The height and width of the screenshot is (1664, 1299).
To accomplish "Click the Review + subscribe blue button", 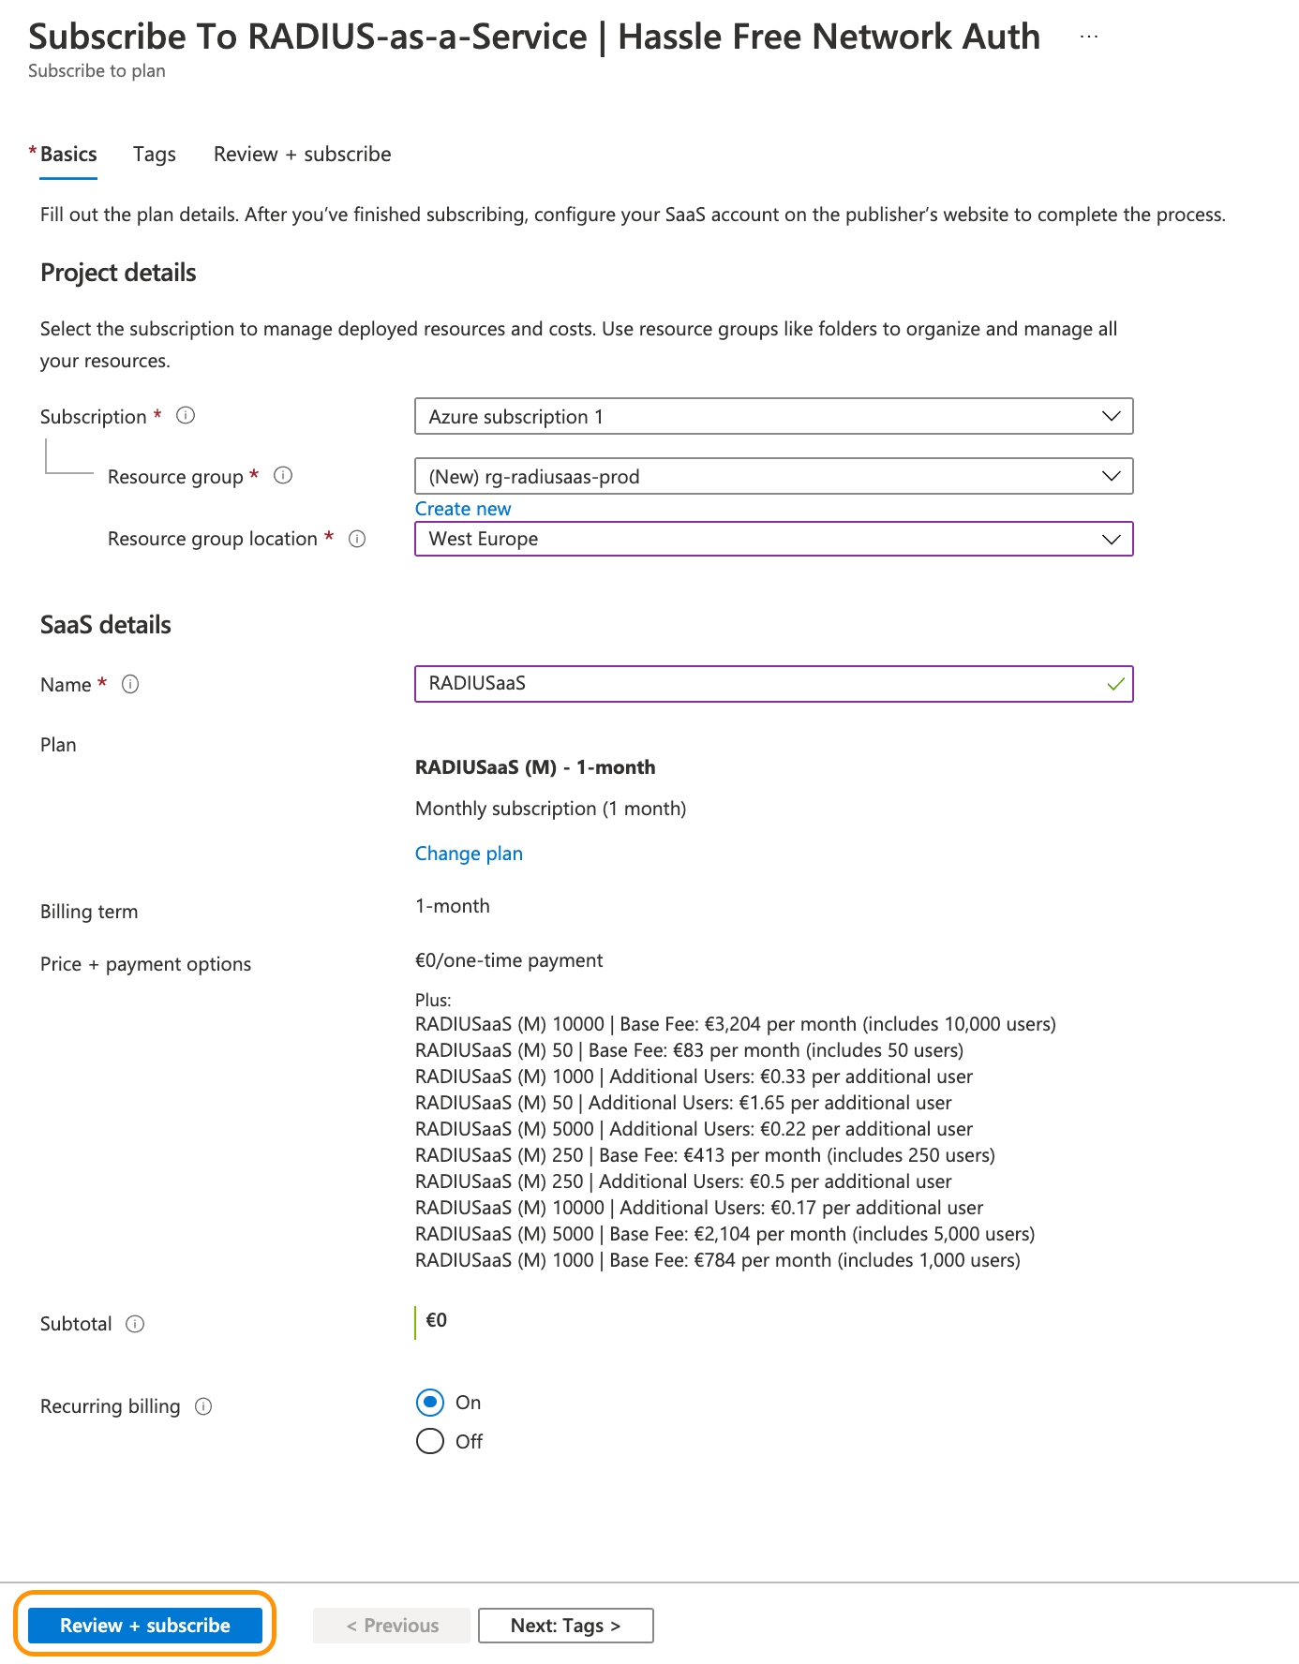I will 144,1626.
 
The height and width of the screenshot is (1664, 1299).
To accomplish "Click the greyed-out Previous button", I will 392,1626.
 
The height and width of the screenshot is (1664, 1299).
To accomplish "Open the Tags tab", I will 155,155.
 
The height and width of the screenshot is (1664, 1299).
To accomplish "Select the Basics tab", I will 68,155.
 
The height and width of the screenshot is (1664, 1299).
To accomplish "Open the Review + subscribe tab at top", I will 302,155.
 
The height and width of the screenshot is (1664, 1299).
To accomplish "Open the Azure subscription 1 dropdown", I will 773,417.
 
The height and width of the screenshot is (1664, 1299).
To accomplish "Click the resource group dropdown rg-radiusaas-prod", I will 773,477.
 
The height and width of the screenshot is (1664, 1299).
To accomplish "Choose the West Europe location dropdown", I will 773,539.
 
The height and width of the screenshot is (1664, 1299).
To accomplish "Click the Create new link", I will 463,509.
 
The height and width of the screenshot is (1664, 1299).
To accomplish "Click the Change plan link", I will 469,854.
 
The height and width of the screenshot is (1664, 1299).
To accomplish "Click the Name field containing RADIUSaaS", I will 759,684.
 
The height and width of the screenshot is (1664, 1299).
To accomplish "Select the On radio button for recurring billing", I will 430,1403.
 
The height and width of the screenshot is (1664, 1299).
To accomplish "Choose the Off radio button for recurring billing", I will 430,1441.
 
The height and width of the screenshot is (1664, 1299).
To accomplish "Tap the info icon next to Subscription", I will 186,415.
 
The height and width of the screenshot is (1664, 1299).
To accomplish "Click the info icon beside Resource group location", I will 357,539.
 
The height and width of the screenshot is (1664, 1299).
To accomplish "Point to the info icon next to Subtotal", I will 135,1324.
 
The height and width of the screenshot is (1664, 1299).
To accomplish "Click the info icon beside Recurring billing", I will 203,1406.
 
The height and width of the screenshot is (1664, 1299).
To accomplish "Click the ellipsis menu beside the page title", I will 1088,37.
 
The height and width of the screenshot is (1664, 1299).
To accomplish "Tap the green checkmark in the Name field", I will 1115,684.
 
